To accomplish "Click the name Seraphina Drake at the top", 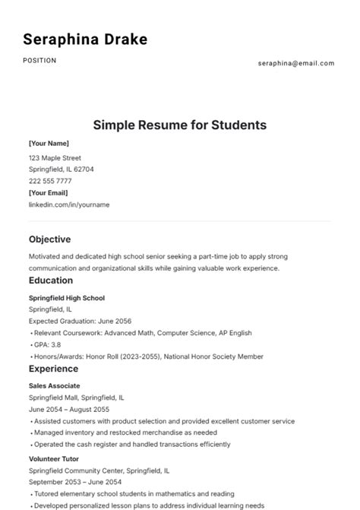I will pos(85,40).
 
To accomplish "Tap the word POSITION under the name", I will pos(39,61).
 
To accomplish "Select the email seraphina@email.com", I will pos(296,63).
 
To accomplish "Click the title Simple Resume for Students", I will pos(180,125).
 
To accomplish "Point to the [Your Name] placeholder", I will pos(49,143).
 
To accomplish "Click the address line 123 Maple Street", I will pos(55,158).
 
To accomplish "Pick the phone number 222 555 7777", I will pos(50,181).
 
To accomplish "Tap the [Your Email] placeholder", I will pos(49,193).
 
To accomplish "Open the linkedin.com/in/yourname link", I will pos(69,204).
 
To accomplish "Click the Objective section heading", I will pos(49,239).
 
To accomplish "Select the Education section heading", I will pos(52,280).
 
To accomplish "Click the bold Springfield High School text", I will pos(67,298).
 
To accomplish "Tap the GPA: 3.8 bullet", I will pos(48,345).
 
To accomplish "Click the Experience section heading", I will pos(53,369).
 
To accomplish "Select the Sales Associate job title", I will pos(54,386).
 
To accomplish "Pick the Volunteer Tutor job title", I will pos(55,459).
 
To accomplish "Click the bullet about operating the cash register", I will pos(131,445).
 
